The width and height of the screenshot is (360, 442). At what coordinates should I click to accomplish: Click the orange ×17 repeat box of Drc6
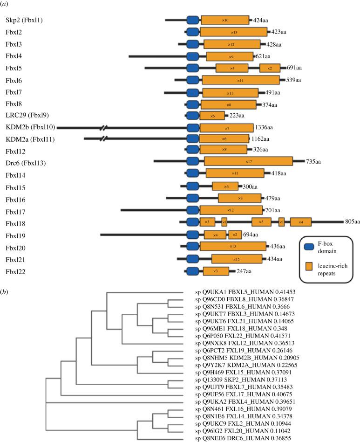click(x=248, y=162)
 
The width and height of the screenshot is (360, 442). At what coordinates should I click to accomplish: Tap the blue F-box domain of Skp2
click(x=192, y=20)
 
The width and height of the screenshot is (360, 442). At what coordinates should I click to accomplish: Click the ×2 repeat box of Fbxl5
click(x=270, y=68)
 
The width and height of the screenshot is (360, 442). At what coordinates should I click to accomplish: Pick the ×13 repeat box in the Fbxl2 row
click(x=233, y=32)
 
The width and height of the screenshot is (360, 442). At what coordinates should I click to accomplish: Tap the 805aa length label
click(x=352, y=222)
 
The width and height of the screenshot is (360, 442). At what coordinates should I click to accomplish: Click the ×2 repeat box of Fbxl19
click(x=234, y=235)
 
